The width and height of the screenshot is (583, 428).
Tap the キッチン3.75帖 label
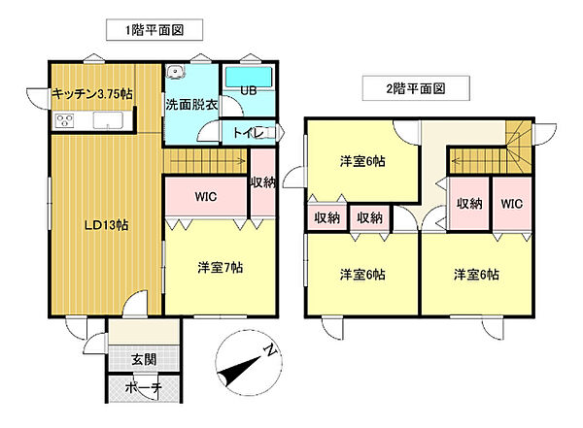pos(93,93)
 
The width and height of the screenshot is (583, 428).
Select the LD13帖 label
pos(104,225)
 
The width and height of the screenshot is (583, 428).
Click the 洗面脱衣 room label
pos(189,104)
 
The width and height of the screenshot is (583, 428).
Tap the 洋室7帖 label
pos(220,268)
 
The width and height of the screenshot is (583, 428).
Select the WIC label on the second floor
pos(513,204)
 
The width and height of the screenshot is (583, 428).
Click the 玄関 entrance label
pos(143,358)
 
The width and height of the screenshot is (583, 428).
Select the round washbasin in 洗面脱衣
pos(174,72)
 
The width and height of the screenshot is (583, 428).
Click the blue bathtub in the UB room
pos(249,77)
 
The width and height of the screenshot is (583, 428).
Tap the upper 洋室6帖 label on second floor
pos(362,162)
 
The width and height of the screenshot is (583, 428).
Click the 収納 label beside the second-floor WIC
pos(469,204)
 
